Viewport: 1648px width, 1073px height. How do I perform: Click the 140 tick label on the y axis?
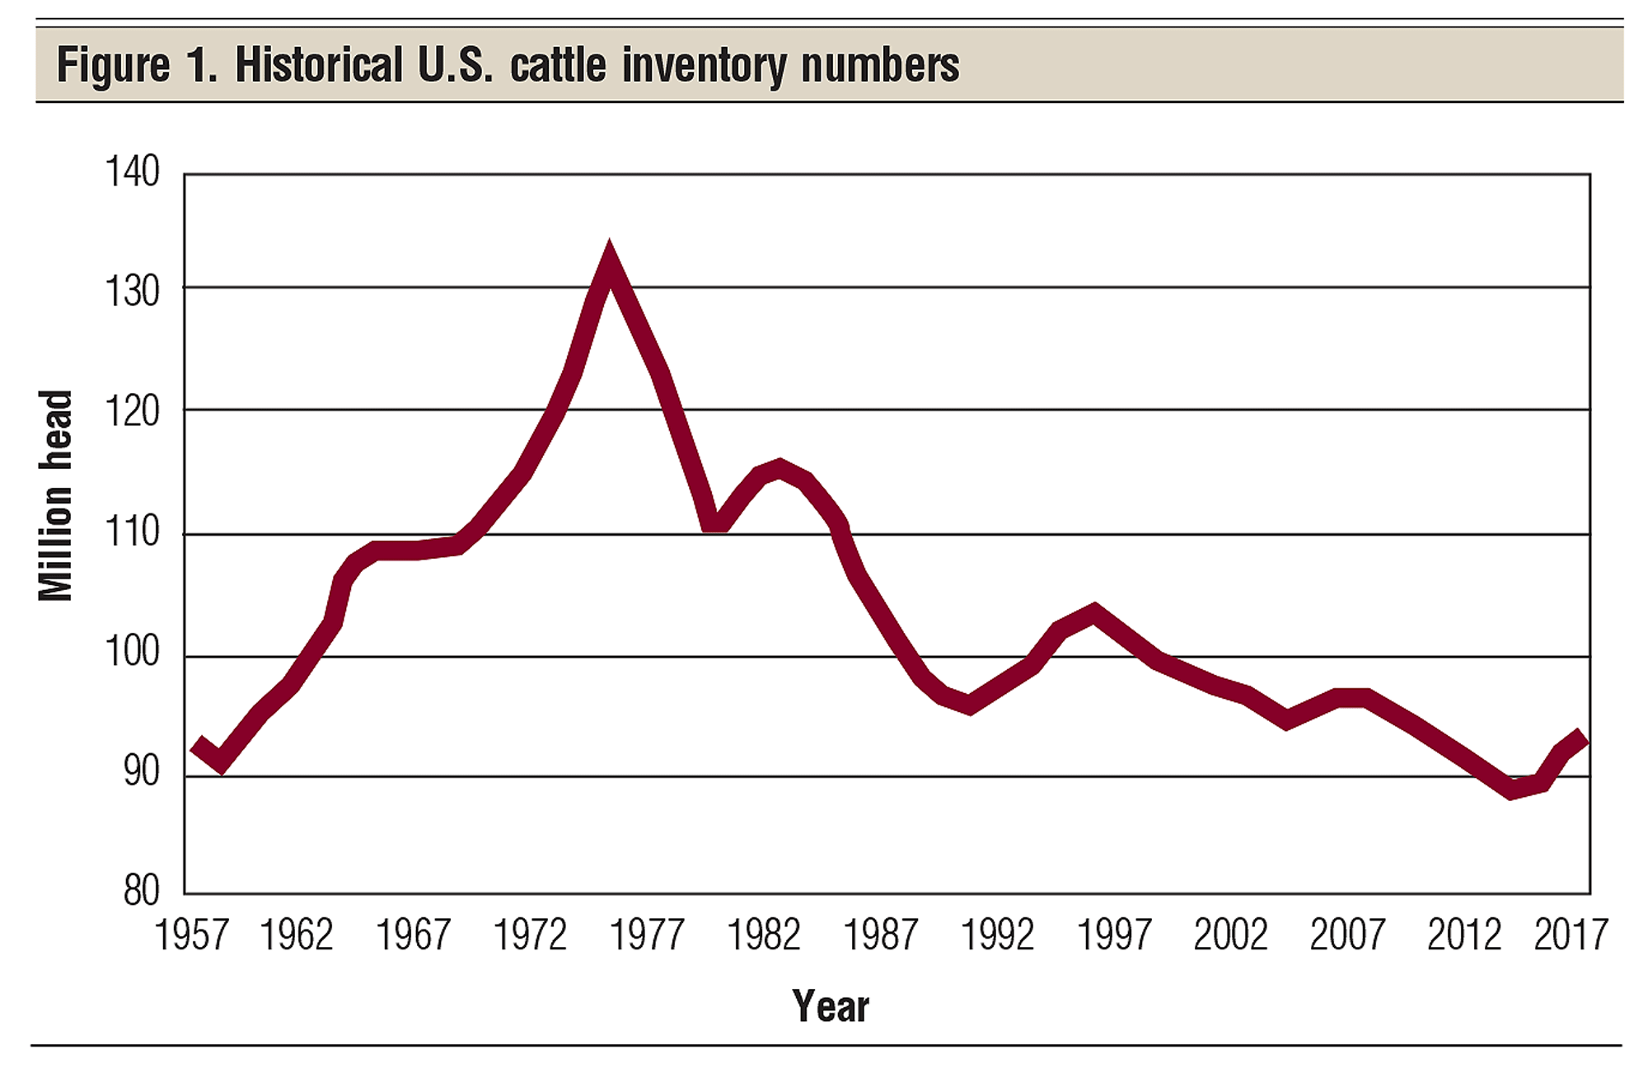point(132,172)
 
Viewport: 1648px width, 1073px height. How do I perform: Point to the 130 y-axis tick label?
point(132,292)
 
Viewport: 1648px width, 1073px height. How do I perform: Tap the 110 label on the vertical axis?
point(132,532)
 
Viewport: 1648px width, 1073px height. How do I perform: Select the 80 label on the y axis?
point(141,891)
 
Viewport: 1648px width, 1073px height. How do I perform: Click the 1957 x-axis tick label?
point(191,935)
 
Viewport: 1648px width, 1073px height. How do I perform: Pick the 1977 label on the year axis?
point(647,935)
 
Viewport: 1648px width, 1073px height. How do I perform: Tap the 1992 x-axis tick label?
point(997,935)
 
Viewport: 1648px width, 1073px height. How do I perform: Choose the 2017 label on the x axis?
point(1571,935)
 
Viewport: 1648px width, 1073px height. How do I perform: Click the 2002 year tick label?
point(1230,935)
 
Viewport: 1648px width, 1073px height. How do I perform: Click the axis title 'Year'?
point(831,1006)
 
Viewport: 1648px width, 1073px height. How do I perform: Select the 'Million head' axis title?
point(56,496)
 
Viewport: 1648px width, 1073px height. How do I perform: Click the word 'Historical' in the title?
point(319,65)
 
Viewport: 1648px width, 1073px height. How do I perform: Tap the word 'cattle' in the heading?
point(558,65)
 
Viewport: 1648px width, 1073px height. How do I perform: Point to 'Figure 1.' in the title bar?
point(137,65)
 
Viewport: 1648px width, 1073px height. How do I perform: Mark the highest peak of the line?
point(609,262)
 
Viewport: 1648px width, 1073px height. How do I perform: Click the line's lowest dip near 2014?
point(1511,789)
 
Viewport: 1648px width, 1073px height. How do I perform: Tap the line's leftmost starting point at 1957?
point(196,746)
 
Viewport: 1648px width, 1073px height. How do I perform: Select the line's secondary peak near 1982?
point(779,468)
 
